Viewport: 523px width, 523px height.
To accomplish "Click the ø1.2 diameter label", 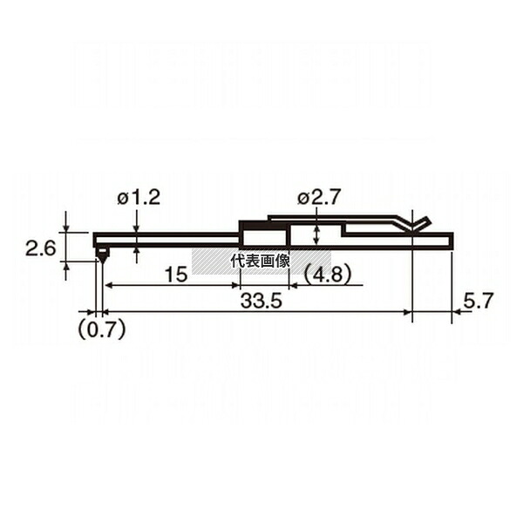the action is [139, 198].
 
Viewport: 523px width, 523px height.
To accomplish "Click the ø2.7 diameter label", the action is [319, 198].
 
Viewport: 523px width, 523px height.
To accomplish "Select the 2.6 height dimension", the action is [41, 248].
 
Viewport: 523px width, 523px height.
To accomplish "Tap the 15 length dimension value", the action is [176, 275].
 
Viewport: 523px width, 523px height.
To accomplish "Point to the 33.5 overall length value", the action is [261, 301].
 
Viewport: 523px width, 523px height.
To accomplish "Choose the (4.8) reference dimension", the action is [328, 275].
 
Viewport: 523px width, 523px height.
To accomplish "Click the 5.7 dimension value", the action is [478, 301].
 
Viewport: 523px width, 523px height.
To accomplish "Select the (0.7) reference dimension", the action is [102, 329].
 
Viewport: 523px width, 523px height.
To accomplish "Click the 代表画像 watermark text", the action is [260, 261].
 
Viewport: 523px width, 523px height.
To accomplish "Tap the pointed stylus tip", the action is [102, 262].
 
